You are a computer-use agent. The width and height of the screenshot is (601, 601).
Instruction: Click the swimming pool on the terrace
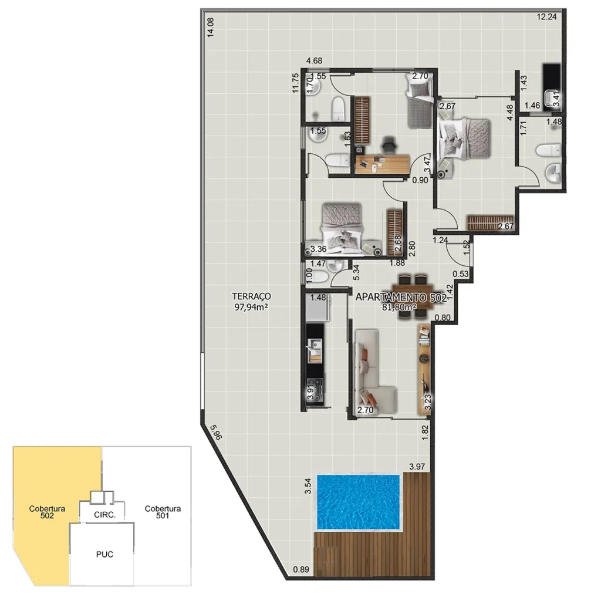click(x=358, y=501)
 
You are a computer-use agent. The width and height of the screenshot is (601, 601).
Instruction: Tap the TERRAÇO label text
click(x=251, y=296)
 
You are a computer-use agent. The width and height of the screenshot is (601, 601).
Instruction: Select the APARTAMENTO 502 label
click(x=401, y=298)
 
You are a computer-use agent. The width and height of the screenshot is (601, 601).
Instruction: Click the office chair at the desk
click(x=389, y=143)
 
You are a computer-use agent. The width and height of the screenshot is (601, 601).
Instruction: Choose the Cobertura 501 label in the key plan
click(x=163, y=512)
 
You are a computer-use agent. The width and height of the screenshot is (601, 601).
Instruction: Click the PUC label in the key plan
click(x=104, y=553)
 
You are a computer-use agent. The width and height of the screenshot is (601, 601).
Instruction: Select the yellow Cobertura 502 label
click(x=46, y=512)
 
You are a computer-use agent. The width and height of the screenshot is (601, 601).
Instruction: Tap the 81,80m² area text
click(x=399, y=306)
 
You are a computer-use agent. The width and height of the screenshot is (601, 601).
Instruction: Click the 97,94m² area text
click(x=251, y=306)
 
